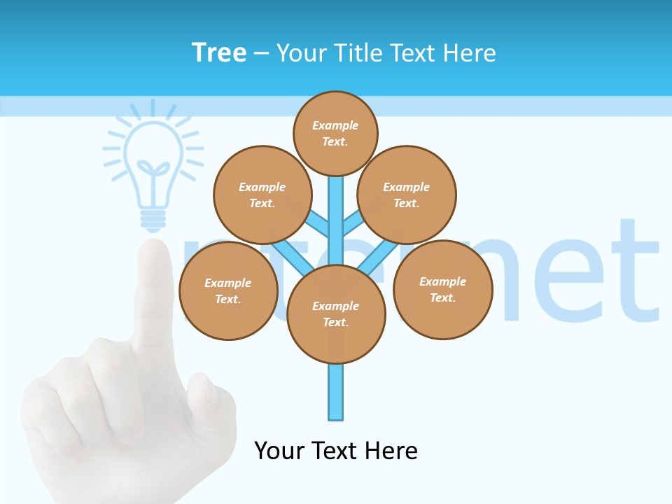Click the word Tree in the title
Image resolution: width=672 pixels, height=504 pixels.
coord(219,52)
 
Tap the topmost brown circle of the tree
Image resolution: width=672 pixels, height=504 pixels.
coord(335,133)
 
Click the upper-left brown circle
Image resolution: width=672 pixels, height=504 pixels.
coord(262,195)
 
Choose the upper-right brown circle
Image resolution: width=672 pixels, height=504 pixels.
coord(407,195)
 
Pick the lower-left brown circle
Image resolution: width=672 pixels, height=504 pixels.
coord(228,290)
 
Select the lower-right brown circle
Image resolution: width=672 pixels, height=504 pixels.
coord(443,289)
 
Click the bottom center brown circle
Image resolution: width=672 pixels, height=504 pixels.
coord(336,314)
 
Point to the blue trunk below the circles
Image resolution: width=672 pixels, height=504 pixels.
coord(336,392)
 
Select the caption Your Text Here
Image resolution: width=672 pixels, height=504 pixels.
coord(336,450)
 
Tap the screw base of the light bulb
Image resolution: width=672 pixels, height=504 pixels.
coord(153,220)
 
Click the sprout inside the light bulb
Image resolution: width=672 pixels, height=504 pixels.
coord(153,171)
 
